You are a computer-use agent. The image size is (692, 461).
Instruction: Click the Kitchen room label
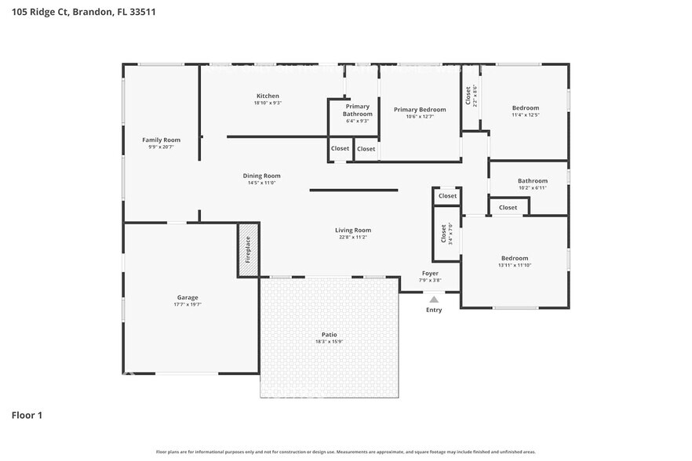[268, 96]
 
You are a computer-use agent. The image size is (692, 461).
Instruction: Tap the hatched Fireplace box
[248, 249]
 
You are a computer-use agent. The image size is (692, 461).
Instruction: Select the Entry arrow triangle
[434, 298]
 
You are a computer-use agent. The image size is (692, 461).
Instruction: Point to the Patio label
[328, 335]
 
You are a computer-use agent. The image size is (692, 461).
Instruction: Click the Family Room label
[161, 140]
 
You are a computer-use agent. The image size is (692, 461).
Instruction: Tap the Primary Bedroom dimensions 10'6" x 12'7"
[420, 117]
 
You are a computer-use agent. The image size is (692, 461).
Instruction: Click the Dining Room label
[261, 176]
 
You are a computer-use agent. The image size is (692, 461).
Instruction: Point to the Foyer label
[430, 274]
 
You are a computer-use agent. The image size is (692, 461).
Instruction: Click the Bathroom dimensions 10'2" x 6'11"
[532, 187]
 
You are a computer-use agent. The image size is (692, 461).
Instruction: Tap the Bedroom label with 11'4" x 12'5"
[526, 107]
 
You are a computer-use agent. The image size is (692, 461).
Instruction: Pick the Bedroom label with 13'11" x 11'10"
[515, 258]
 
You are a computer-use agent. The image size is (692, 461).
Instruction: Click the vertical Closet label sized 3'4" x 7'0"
[443, 234]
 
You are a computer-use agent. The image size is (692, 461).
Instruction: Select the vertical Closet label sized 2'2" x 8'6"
[468, 96]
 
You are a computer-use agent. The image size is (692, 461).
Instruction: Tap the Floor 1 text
[26, 415]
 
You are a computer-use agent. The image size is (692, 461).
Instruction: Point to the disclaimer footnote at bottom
[345, 452]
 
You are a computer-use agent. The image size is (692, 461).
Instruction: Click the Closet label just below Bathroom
[508, 208]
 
